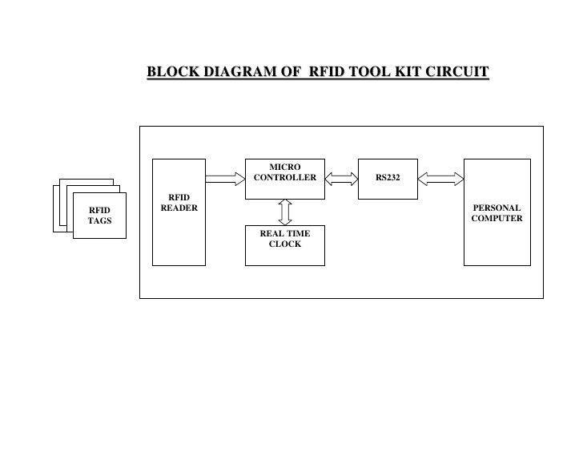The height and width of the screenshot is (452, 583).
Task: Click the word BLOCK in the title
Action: [169, 74]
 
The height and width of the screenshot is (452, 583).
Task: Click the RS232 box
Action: [387, 178]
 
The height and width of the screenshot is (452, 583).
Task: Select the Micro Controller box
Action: [284, 178]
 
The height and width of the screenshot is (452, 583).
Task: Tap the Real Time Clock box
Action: [284, 244]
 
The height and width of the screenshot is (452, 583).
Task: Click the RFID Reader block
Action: [179, 212]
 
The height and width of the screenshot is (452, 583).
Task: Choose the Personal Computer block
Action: [497, 212]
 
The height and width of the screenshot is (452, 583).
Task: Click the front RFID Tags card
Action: [99, 216]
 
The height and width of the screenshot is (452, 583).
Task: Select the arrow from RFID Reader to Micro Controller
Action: [224, 178]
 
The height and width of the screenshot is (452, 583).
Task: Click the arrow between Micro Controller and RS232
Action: [341, 178]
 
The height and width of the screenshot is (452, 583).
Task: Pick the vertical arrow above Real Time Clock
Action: [284, 212]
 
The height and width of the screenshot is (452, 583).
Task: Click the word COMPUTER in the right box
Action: [497, 219]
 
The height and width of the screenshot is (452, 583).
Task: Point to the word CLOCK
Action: [284, 244]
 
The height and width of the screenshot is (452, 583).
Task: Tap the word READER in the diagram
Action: [179, 208]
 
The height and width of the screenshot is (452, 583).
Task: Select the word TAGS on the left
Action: [99, 221]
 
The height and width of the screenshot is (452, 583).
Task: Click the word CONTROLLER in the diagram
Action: [284, 177]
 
